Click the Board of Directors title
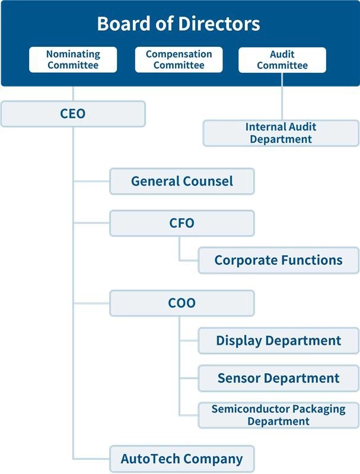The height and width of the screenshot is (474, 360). coord(179,24)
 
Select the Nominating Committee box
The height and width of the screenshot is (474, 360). coord(73,60)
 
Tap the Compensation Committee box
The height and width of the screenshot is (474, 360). coord(179,60)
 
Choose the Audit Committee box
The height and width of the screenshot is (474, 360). coord(282,60)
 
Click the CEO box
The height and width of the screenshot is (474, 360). coord(73,113)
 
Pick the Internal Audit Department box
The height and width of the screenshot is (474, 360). coord(281,133)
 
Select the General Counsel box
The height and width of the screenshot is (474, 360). coord(181,181)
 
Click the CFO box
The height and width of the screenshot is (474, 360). coord(181,223)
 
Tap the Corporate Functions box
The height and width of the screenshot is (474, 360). coord(278,260)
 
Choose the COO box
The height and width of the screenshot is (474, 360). coord(181,303)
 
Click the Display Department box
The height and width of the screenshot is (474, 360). coord(278,341)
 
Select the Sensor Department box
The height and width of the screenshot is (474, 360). coord(278,378)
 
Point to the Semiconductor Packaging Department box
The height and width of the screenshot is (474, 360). coord(278,415)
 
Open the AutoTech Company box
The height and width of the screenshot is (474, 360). coord(181,459)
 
